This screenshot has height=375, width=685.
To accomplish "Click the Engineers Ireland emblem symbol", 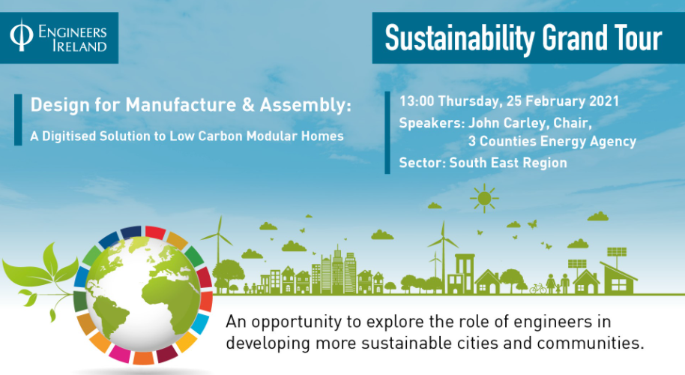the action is point(21,35).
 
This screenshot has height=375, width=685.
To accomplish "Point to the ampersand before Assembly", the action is point(248,105).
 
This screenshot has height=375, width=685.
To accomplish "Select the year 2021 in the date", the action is point(604,101).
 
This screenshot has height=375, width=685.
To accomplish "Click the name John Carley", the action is point(509,123).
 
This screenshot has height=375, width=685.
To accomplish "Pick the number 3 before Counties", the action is point(472,141).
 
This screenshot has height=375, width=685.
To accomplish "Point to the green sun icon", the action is point(484,199).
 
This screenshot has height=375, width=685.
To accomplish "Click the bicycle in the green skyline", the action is point(538,289).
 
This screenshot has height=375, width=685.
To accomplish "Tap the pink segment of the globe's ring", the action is point(119,353).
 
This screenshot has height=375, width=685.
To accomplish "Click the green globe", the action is point(143,294).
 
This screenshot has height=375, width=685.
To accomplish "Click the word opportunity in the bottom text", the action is point(297,322).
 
